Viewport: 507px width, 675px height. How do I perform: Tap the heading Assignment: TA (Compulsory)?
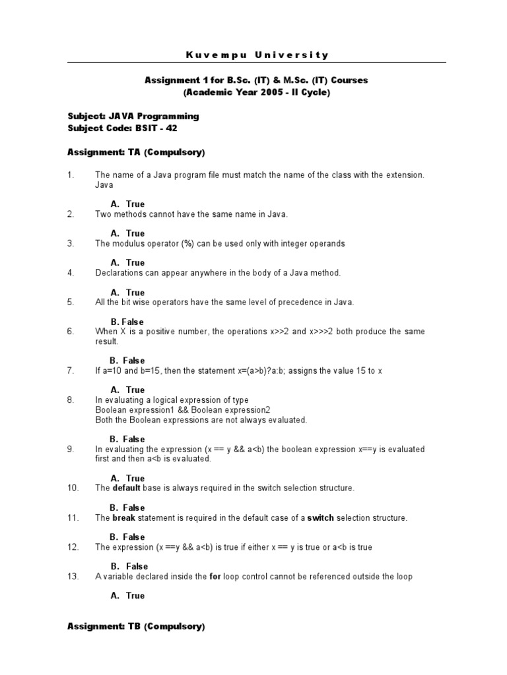click(137, 152)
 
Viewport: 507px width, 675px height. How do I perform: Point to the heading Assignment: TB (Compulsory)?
click(137, 627)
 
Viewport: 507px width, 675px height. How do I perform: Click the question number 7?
click(70, 370)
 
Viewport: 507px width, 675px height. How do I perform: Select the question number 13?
click(73, 576)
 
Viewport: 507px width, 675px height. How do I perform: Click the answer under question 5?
click(127, 322)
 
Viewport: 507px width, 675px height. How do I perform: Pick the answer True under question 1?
click(127, 204)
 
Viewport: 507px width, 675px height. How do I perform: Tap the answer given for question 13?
click(127, 596)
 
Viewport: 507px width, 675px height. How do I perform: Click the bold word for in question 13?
click(215, 576)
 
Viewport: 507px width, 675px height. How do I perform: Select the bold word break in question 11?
click(124, 517)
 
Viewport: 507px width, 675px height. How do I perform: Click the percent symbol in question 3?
click(187, 243)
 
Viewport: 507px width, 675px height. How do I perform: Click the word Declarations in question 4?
click(119, 272)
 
